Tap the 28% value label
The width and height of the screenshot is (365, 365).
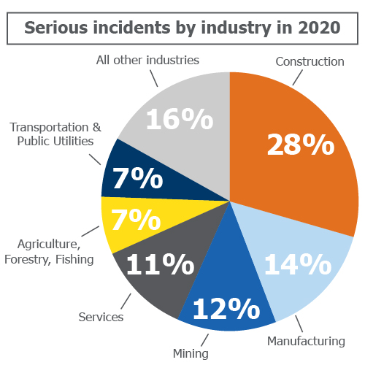point(300,145)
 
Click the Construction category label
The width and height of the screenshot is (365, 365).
point(310,61)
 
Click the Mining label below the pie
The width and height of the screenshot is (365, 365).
point(191,354)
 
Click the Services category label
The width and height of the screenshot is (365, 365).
point(101,318)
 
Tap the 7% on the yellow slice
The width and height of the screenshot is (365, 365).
point(136,218)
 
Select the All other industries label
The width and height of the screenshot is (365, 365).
point(147,59)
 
